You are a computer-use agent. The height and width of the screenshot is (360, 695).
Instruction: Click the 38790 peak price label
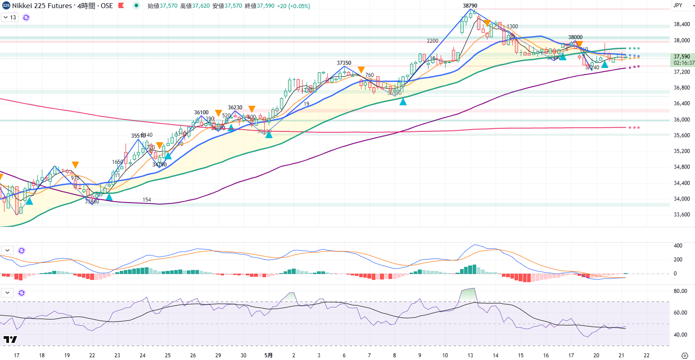(470, 5)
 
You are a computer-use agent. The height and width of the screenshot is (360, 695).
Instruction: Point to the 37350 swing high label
(344, 63)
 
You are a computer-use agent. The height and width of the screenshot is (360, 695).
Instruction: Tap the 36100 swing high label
(201, 112)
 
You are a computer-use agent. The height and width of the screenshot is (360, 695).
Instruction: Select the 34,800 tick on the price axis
(682, 167)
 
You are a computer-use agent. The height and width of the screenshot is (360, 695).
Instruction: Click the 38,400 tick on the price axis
(682, 24)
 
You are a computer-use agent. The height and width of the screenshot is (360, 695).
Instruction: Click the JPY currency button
(677, 5)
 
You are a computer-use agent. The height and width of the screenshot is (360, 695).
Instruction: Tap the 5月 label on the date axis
(268, 355)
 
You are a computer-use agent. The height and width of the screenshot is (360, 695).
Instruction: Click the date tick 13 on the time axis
(470, 355)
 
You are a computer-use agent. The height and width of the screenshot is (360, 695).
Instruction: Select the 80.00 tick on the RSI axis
(681, 291)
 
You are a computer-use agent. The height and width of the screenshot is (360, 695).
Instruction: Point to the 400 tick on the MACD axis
(678, 246)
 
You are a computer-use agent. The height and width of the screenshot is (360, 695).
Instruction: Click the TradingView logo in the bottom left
(10, 339)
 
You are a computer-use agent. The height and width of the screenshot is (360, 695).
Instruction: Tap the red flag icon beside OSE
(121, 6)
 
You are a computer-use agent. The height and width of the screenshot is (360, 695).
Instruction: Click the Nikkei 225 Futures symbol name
(42, 6)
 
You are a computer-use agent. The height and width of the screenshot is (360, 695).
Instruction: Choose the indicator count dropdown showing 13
(9, 18)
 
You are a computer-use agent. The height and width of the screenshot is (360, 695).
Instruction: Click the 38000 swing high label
(575, 38)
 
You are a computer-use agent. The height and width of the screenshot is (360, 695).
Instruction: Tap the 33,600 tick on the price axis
(682, 215)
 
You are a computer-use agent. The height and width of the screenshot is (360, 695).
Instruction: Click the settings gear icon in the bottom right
(685, 355)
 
